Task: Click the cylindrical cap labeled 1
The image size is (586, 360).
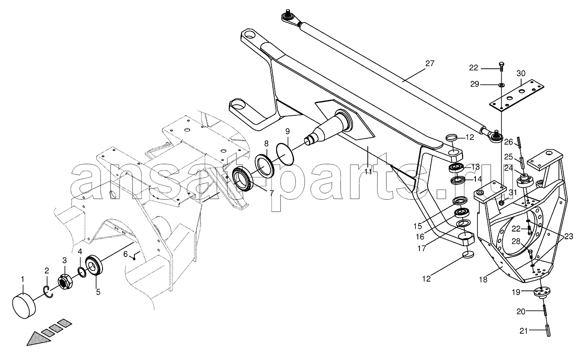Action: point(24,306)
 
